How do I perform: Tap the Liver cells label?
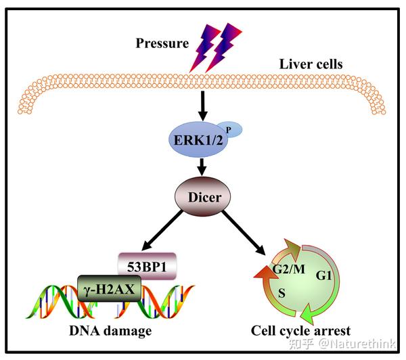point(311,65)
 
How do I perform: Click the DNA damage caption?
point(110,331)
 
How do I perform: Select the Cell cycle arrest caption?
point(300,331)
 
